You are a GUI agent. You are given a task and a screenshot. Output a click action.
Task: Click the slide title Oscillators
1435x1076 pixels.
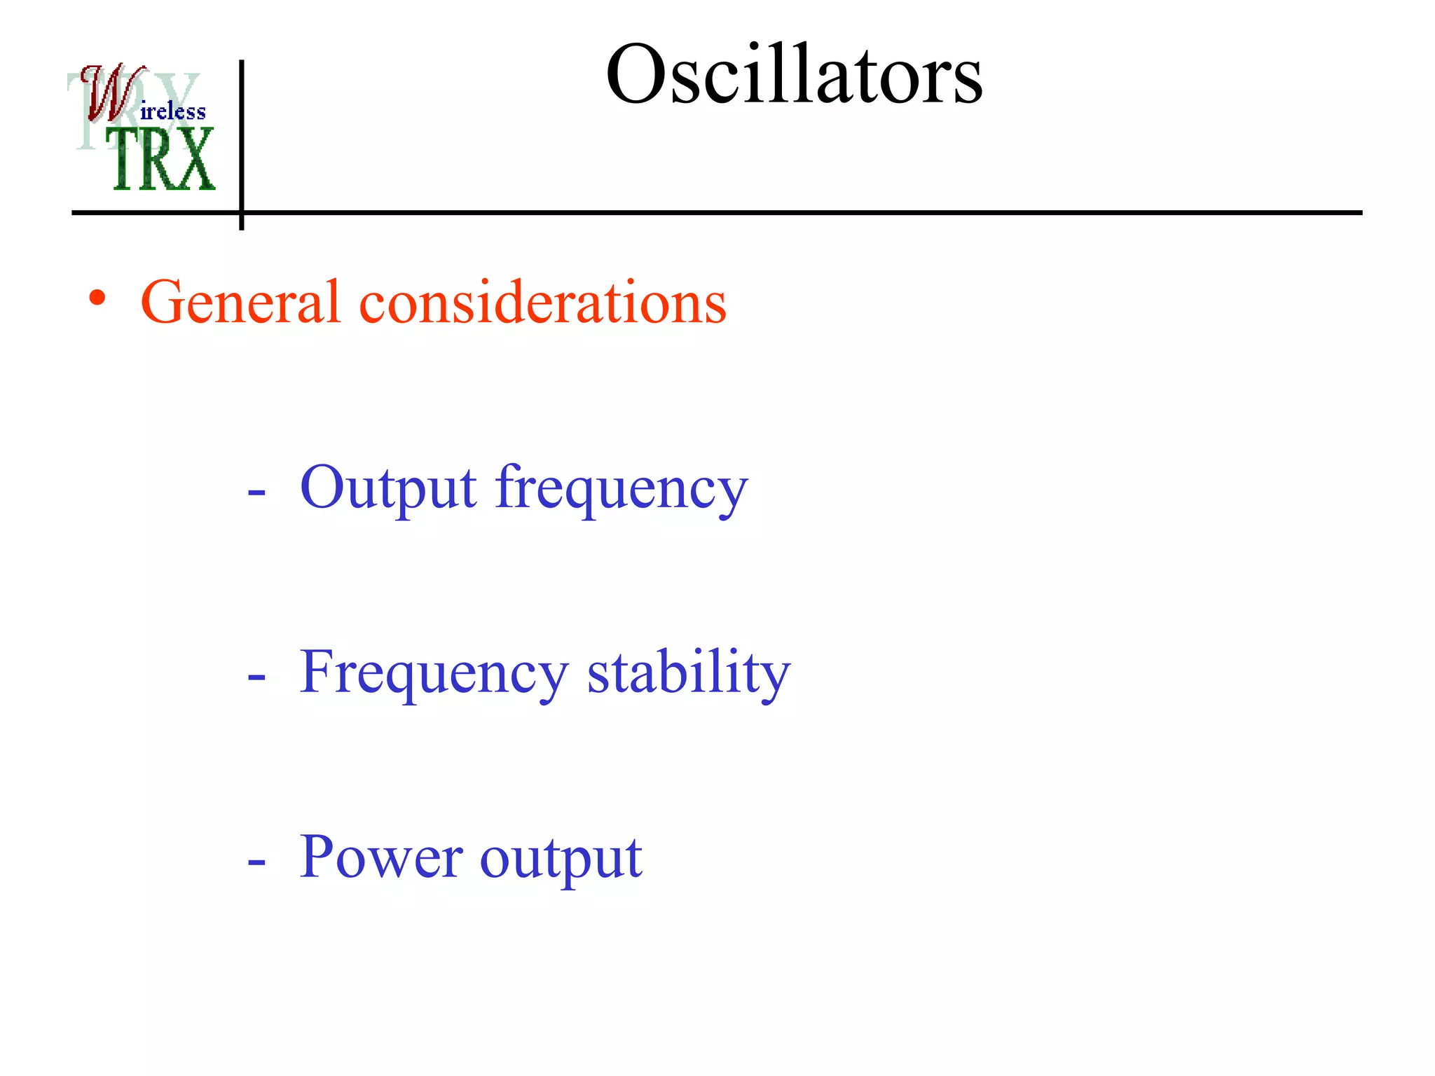[794, 74]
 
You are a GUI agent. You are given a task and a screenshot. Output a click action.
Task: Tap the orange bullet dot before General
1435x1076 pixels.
[97, 298]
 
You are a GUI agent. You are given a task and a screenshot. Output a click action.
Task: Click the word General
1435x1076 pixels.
[240, 302]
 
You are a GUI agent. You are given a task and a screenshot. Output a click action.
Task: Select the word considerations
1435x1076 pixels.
[542, 302]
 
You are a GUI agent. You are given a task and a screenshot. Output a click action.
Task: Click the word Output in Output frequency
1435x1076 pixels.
[388, 488]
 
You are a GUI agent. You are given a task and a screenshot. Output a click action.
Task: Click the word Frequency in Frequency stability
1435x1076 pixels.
[433, 673]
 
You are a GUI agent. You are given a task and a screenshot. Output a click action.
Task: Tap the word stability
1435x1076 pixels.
[688, 673]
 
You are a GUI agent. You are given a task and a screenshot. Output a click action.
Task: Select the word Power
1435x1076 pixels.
[380, 857]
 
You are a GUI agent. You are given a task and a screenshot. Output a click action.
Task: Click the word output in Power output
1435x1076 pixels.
[561, 859]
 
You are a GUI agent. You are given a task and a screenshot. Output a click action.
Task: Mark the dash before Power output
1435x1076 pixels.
[256, 863]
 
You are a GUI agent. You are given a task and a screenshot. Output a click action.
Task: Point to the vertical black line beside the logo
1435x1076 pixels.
[241, 140]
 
